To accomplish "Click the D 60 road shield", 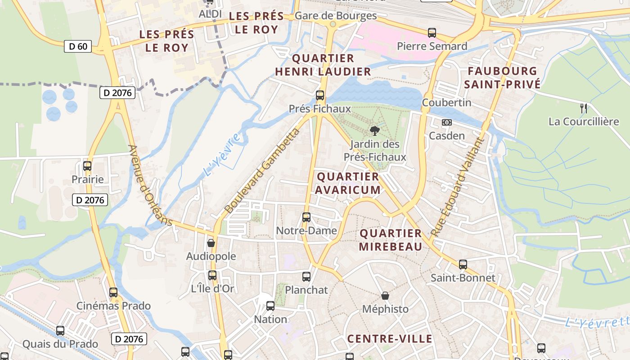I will [x=78, y=46].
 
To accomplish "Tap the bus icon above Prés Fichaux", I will [x=320, y=95].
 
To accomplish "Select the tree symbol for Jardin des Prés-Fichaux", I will [x=374, y=131].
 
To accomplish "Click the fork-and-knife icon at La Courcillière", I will [x=584, y=108].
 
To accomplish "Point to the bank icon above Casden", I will [x=447, y=122].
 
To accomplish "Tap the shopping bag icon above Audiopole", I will [x=211, y=243].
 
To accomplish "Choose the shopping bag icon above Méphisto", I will [x=385, y=296].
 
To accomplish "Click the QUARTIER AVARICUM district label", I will [x=348, y=183].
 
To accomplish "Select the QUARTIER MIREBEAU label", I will [x=391, y=240].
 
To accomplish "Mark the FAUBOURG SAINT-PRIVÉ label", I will [x=502, y=77].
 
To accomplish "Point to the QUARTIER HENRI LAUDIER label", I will [x=323, y=65].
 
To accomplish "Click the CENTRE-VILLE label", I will [x=390, y=339].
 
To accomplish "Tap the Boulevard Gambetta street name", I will [x=262, y=171].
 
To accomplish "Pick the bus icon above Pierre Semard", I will [x=432, y=33].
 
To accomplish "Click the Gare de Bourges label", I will [x=336, y=16].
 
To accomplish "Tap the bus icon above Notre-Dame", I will [x=306, y=217].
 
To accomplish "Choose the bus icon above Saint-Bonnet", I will [x=463, y=265].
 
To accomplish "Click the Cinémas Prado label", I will [x=113, y=306].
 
